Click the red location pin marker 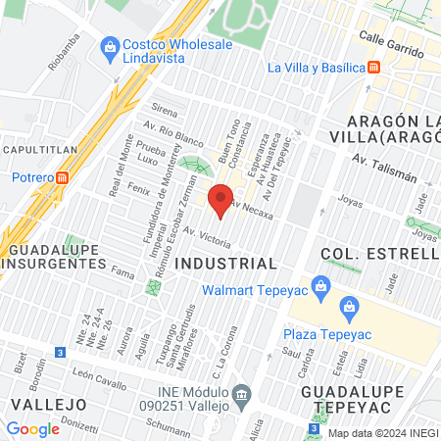(x=221, y=200)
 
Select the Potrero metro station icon (x=62, y=178)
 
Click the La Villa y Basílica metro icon (x=374, y=68)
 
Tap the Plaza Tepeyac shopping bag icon (x=349, y=310)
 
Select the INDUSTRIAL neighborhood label (x=225, y=264)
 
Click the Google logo (x=32, y=428)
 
